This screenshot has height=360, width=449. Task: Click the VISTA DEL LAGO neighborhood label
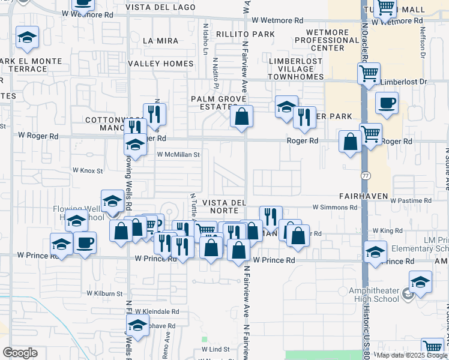tap(160, 7)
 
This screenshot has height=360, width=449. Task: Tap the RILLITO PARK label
tap(246, 34)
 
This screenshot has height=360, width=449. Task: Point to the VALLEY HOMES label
tap(158, 63)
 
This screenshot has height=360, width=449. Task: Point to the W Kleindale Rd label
tap(157, 311)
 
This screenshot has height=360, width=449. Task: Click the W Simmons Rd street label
tap(334, 207)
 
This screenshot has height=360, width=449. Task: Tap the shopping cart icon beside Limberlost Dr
tap(369, 74)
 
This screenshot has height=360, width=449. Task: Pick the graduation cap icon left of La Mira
tap(26, 37)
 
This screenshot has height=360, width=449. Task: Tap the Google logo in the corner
tap(20, 352)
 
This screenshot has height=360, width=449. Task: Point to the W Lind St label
tap(215, 349)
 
